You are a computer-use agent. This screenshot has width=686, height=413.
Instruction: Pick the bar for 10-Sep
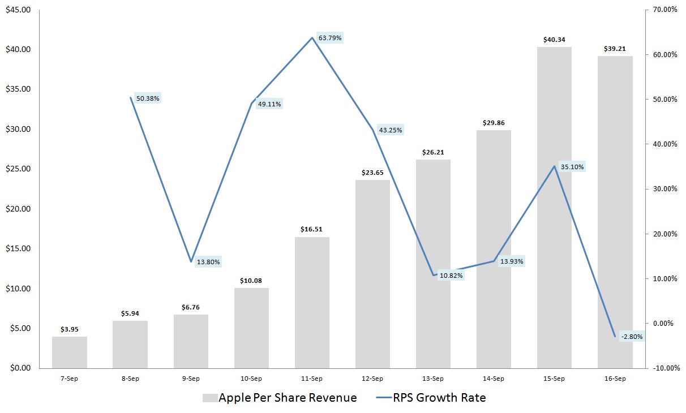tap(251, 328)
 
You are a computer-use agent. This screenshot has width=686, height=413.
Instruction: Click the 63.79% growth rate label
tap(331, 38)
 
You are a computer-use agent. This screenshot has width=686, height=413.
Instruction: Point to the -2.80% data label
tap(631, 337)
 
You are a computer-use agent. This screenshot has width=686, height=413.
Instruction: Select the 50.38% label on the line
tap(148, 98)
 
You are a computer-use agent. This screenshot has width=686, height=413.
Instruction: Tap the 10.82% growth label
tap(451, 276)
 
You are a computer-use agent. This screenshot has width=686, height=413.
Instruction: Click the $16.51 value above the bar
tap(312, 230)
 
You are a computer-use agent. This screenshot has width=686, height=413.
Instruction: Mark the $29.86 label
tap(494, 123)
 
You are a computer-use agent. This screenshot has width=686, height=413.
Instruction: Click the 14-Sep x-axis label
tap(494, 378)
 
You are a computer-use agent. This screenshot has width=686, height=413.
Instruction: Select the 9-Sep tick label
tap(191, 378)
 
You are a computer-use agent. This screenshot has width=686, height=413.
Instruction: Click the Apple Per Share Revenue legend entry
tap(280, 398)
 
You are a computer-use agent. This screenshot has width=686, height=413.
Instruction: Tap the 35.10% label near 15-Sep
tap(572, 167)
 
